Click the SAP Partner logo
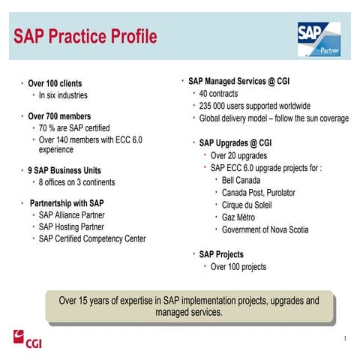pyautogui.click(x=318, y=39)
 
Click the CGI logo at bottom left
pyautogui.click(x=27, y=337)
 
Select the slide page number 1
pyautogui.click(x=344, y=339)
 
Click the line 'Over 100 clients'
pyautogui.click(x=55, y=83)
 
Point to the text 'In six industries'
pyautogui.click(x=63, y=95)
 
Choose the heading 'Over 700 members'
pyautogui.click(x=59, y=117)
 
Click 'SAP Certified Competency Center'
pyautogui.click(x=92, y=238)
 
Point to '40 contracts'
pyautogui.click(x=220, y=94)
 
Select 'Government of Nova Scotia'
pyautogui.click(x=265, y=229)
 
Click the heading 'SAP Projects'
pyautogui.click(x=220, y=254)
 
